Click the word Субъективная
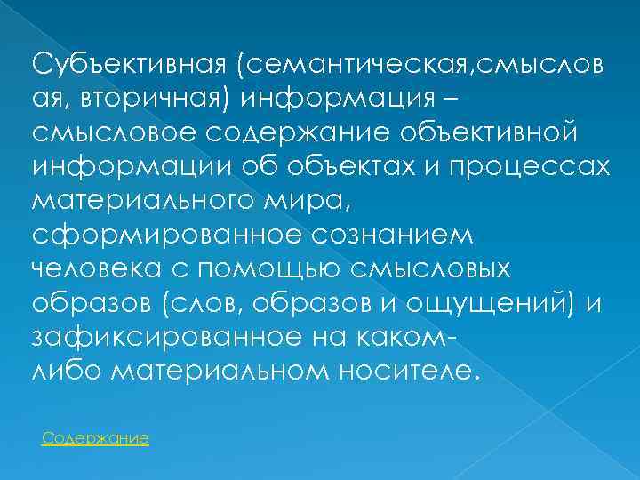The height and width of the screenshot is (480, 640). (130, 64)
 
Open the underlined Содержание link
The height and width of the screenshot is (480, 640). (95, 438)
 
